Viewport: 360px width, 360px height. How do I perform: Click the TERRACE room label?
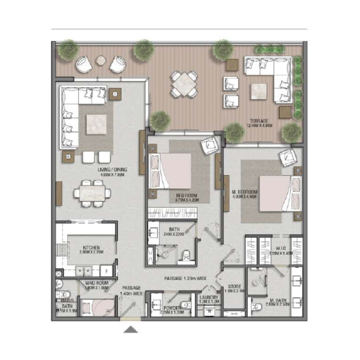pyautogui.click(x=260, y=121)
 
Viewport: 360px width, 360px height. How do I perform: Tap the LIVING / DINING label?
pyautogui.click(x=113, y=170)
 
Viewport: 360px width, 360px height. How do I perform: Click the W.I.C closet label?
pyautogui.click(x=281, y=247)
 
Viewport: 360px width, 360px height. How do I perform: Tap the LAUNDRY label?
pyautogui.click(x=209, y=297)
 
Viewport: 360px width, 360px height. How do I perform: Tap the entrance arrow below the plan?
pyautogui.click(x=131, y=330)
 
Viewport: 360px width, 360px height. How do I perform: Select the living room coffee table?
pyautogui.click(x=96, y=125)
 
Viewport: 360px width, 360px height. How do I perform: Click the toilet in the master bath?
pyautogui.click(x=257, y=308)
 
